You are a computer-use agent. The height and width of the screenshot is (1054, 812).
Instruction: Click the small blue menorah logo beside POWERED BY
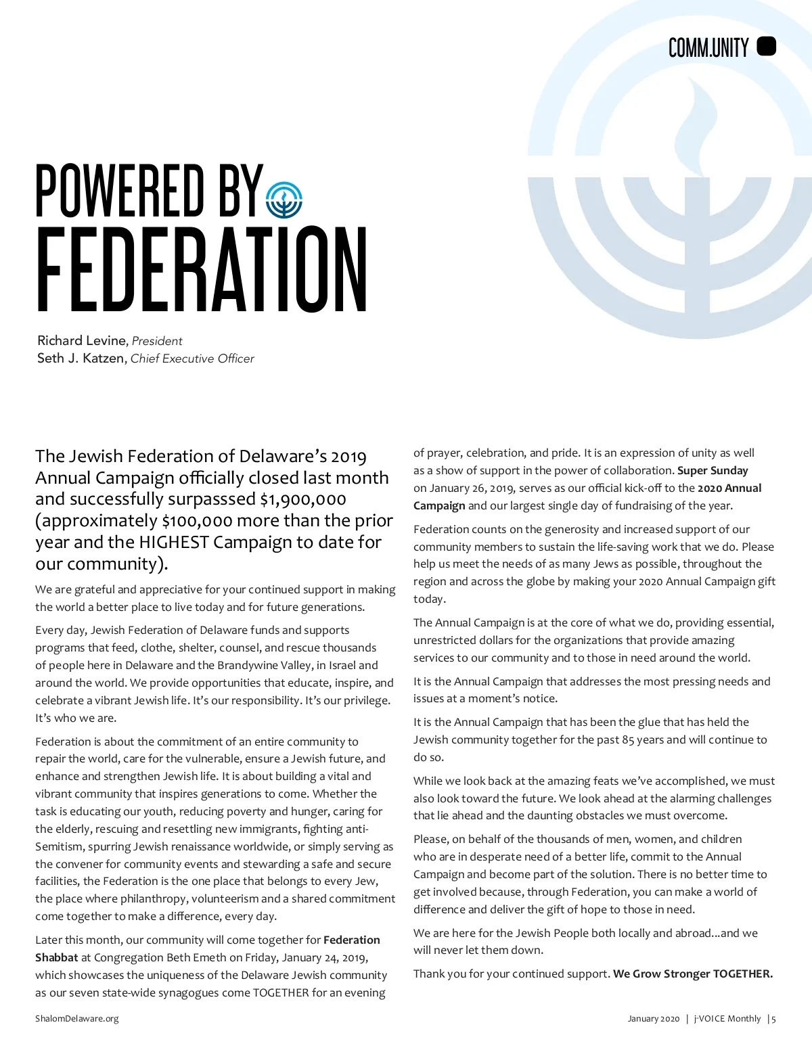pos(284,200)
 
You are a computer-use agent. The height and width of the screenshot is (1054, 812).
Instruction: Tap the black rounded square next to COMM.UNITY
pos(766,47)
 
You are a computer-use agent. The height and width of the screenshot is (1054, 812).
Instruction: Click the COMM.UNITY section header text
pos(708,48)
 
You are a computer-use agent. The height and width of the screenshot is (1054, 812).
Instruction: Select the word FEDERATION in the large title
pos(202,270)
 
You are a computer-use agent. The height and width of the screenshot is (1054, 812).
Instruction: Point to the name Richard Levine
pos(81,340)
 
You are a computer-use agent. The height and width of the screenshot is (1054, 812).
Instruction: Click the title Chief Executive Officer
pos(192,359)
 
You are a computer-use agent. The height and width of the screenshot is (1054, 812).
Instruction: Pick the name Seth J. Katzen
pos(81,359)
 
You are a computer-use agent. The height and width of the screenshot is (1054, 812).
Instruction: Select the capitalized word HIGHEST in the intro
pos(174,543)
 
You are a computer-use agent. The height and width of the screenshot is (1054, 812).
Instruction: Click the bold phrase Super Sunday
pos(713,470)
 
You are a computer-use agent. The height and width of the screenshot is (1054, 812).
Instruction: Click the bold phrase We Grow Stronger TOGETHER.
pos(692,973)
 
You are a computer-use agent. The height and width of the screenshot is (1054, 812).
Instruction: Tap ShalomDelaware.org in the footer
pos(76,1018)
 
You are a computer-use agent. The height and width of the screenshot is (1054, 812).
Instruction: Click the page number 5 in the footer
pos(773,1018)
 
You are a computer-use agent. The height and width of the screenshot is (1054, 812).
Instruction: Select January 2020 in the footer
pos(653,1018)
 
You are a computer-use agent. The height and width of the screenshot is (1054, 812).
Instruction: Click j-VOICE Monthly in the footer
pos(727,1018)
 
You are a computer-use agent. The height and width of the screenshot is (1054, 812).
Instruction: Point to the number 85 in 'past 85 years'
pos(628,739)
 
